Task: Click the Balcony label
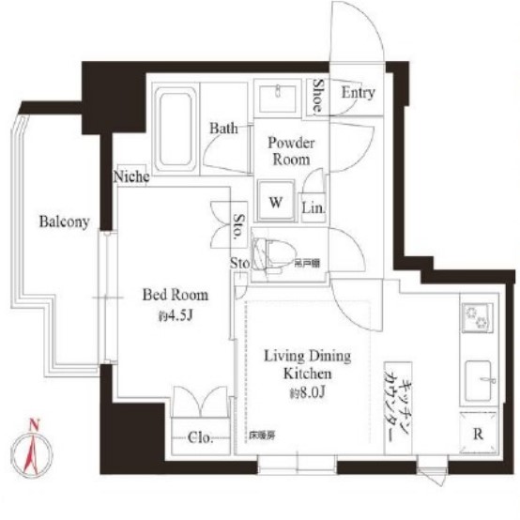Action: coord(64,222)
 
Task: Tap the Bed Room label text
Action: coord(170,294)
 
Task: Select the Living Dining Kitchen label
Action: coord(306,364)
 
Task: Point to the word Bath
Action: coord(223,128)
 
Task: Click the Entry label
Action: coord(358,93)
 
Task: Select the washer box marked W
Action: coord(278,201)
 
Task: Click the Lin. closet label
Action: coord(313,206)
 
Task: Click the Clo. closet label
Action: coord(203,437)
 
